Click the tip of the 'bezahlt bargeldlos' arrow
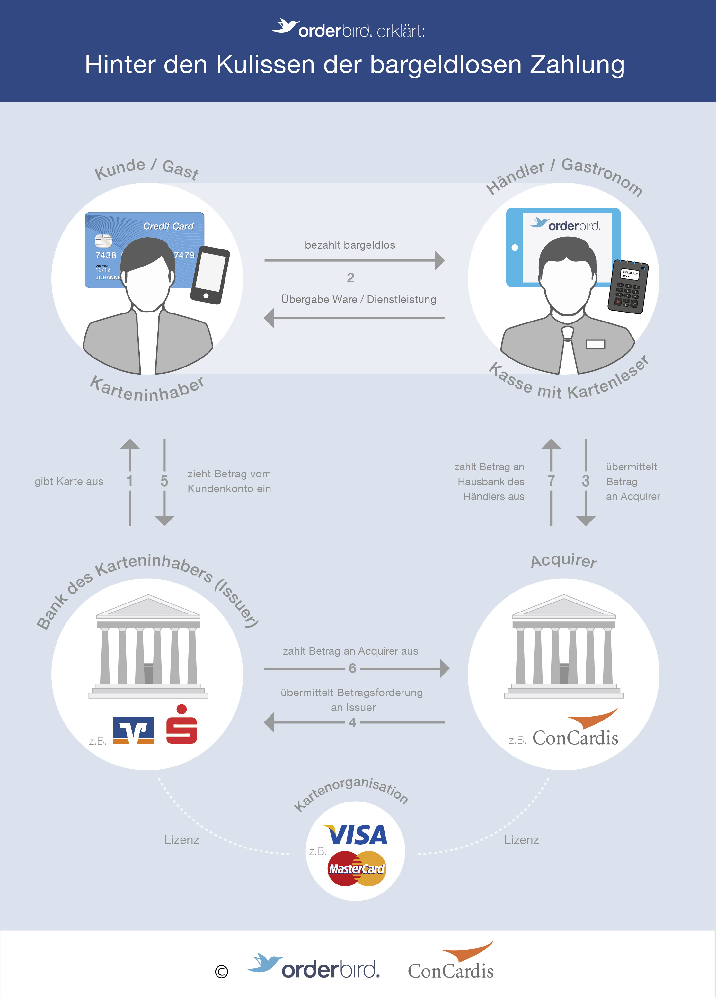tap(445, 260)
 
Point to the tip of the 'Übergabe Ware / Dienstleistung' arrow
tap(264, 317)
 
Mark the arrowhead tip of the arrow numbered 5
tap(164, 526)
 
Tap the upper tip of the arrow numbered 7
tap(551, 439)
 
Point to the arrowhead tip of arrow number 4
tap(264, 722)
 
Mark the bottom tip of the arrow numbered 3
tap(586, 526)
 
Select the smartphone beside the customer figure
tap(210, 275)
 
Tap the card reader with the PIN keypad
tap(628, 286)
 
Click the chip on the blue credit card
tap(103, 241)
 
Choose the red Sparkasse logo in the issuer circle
tap(181, 724)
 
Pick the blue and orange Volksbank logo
tap(134, 730)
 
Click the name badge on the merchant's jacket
tap(596, 344)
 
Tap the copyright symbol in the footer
tap(221, 972)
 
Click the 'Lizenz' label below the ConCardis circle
tap(521, 840)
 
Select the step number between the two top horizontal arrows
tap(350, 277)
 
